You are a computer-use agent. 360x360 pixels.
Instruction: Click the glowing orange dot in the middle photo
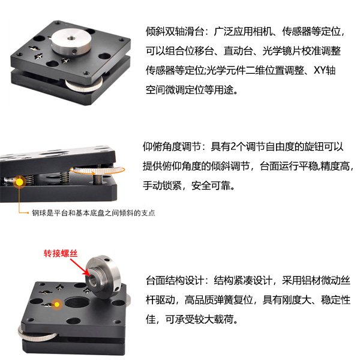pyautogui.click(x=19, y=181)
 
